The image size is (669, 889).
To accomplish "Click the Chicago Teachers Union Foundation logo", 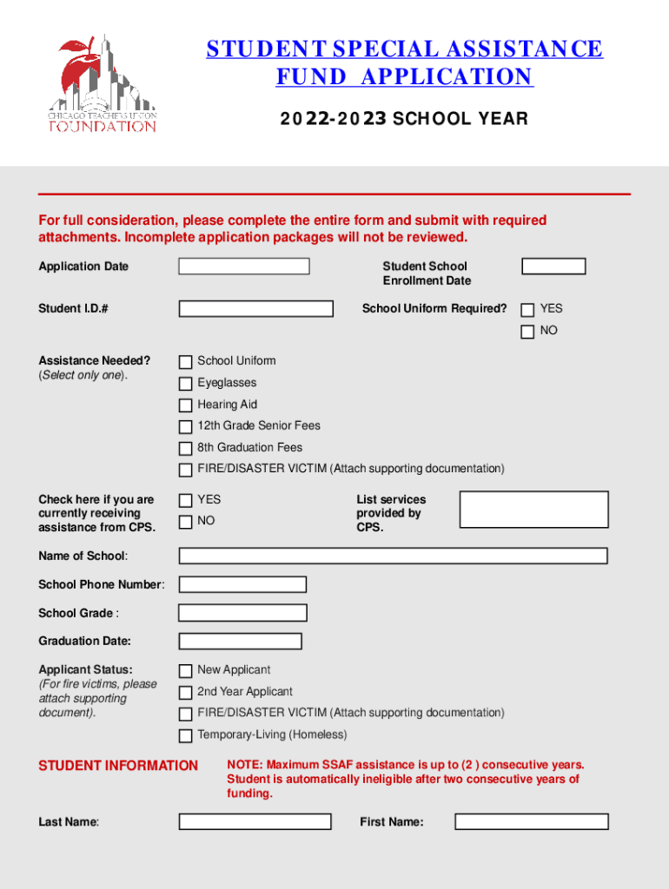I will [x=103, y=84].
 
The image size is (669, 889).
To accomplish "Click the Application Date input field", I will [x=244, y=267].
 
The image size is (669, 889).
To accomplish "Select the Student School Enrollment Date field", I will [x=553, y=267].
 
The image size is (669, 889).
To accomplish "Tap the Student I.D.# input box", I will [x=255, y=309].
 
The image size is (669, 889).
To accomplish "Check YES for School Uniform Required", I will [x=527, y=310].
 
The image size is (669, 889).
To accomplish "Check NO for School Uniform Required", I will [x=527, y=332].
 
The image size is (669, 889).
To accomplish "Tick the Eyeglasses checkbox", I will [x=185, y=384].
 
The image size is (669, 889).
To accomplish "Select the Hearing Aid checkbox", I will [x=185, y=405].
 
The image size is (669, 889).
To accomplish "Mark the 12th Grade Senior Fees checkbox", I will [x=185, y=427].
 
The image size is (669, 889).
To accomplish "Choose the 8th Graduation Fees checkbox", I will [x=185, y=449].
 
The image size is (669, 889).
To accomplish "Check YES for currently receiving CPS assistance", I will [x=185, y=500].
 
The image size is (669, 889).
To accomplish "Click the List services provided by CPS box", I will [x=533, y=510].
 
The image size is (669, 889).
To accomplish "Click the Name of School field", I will [x=393, y=556].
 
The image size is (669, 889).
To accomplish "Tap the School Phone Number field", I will [x=242, y=585].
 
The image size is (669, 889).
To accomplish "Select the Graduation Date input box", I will [x=240, y=642].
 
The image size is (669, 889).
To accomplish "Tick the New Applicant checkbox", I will [x=185, y=671].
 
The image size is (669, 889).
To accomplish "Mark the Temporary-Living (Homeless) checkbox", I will [x=185, y=736].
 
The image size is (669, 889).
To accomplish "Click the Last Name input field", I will [x=255, y=821].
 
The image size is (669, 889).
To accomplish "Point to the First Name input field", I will [x=532, y=821].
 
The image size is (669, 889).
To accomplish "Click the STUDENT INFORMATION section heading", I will [x=118, y=766].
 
